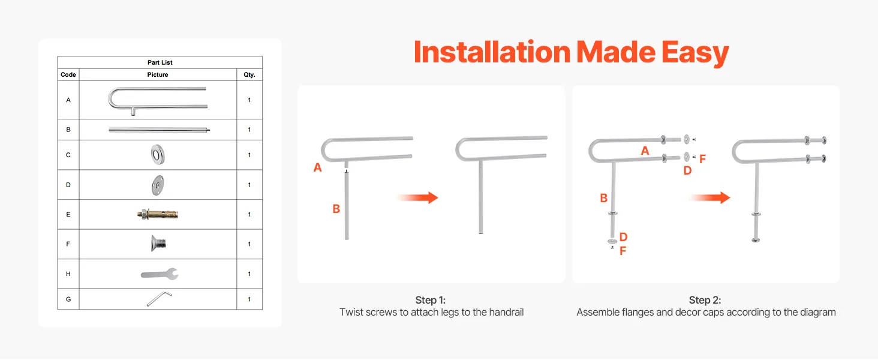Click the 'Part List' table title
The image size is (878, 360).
click(x=160, y=62)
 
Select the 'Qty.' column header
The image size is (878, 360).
click(x=249, y=74)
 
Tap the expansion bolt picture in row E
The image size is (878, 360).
click(x=158, y=214)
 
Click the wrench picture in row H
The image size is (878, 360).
click(x=160, y=274)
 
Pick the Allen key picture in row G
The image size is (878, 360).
click(x=159, y=298)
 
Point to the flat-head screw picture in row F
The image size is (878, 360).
click(x=158, y=244)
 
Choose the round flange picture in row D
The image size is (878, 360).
click(x=158, y=185)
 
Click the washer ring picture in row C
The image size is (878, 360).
click(x=158, y=155)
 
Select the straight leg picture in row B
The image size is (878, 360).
click(x=159, y=130)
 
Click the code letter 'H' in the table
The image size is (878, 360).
click(x=68, y=274)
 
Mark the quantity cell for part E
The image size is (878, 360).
click(x=249, y=215)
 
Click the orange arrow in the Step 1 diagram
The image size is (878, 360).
click(x=418, y=197)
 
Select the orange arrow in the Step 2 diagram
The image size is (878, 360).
click(x=710, y=197)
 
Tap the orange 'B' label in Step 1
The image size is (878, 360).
click(x=336, y=209)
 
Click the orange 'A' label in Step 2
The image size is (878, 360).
click(x=645, y=151)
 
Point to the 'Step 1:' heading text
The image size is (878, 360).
click(x=431, y=300)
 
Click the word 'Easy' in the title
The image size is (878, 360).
click(x=695, y=53)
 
